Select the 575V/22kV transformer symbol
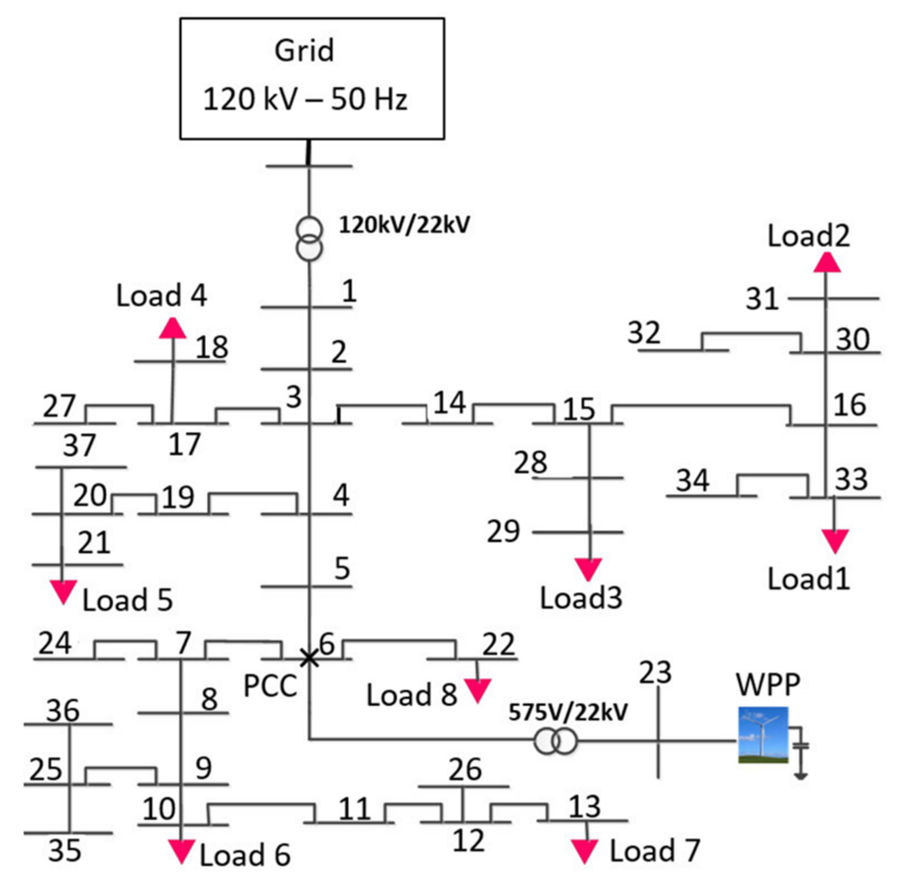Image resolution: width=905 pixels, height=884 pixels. [555, 741]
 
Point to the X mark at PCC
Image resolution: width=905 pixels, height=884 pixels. [309, 658]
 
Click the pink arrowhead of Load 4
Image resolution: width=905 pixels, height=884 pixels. [173, 328]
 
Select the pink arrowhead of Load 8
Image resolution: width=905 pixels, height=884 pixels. [477, 691]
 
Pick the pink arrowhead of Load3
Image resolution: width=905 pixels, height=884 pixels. [588, 569]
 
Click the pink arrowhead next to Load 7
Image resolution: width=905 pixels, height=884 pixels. [584, 851]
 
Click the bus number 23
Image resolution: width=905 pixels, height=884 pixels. [655, 673]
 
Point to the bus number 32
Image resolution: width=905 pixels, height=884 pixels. [644, 333]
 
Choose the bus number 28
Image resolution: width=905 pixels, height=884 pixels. [531, 462]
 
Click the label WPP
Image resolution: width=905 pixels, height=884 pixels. [768, 684]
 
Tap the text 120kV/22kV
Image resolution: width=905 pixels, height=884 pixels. [404, 225]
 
